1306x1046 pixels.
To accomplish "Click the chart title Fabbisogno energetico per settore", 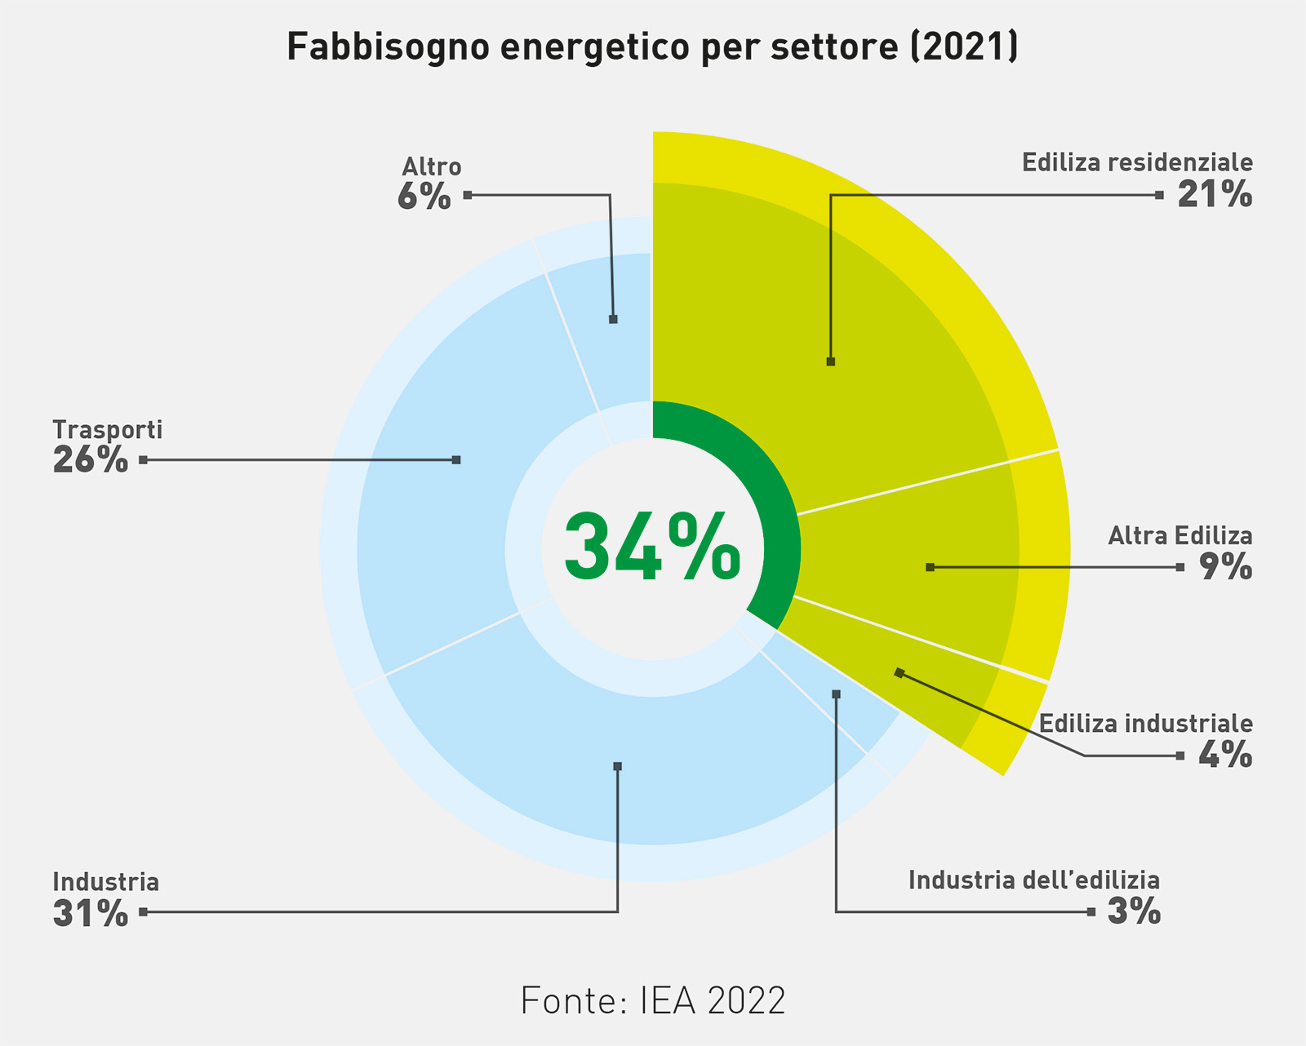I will [x=652, y=47].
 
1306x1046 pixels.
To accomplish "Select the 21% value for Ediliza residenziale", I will [x=1215, y=195].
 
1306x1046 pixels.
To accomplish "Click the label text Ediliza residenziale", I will [x=1137, y=162].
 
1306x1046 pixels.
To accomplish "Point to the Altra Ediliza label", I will [x=1179, y=536].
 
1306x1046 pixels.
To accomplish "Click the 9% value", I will [x=1225, y=567].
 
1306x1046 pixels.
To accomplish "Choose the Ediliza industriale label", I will [x=1145, y=724].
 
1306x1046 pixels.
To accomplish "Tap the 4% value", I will [x=1225, y=756].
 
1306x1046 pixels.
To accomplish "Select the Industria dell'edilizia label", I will [x=1033, y=880].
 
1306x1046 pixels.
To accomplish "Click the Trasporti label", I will [x=108, y=429].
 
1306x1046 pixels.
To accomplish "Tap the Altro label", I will [x=432, y=166].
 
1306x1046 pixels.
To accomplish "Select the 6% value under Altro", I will [x=424, y=197].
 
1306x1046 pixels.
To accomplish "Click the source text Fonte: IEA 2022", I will [x=652, y=1000].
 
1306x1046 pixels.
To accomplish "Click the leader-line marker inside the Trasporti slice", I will [x=456, y=460].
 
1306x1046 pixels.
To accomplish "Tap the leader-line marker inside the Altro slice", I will [x=613, y=320].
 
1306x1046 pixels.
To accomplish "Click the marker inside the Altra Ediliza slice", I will [x=930, y=567].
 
